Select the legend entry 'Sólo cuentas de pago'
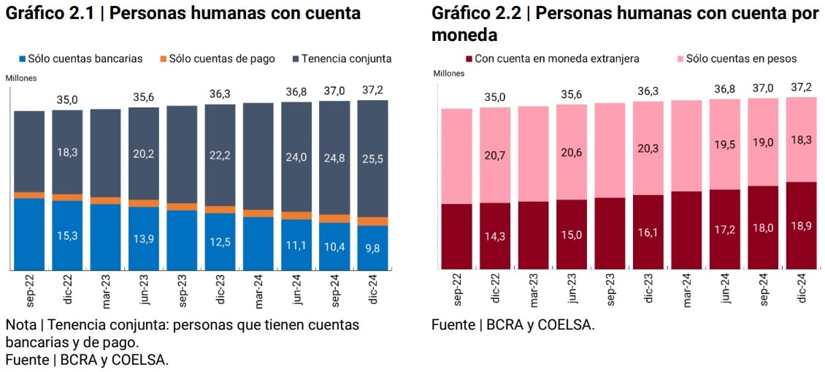point(216,58)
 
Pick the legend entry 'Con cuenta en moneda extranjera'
point(552,58)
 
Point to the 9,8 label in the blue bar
point(372,247)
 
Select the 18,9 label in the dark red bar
point(801,227)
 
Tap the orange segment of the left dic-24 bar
point(372,221)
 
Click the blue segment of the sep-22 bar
point(29,234)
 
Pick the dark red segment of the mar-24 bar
point(686,230)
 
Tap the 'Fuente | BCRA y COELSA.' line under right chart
point(513,324)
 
